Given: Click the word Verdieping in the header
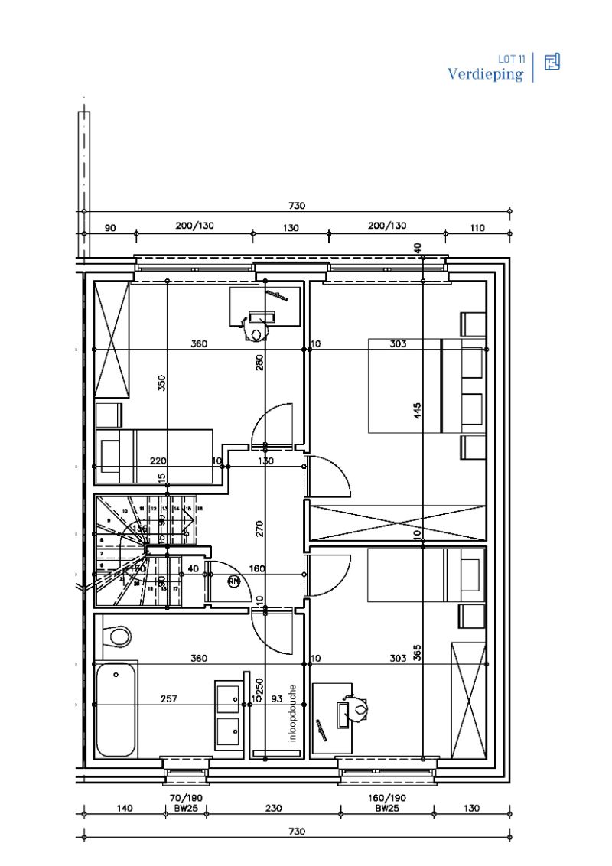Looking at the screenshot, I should point(485,74).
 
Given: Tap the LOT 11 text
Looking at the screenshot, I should point(511,59).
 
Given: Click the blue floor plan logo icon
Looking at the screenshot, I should point(552,62).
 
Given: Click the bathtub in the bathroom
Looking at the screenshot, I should point(116,710).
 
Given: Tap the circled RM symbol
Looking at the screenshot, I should point(234,582).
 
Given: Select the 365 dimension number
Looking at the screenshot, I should point(417,653).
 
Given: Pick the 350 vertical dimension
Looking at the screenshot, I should point(161,383).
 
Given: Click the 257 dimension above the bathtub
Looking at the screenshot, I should point(168,699).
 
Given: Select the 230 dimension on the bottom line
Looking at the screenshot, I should point(274,808).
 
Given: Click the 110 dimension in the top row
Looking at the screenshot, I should point(478,227).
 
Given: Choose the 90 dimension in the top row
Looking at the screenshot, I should point(110,227).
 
